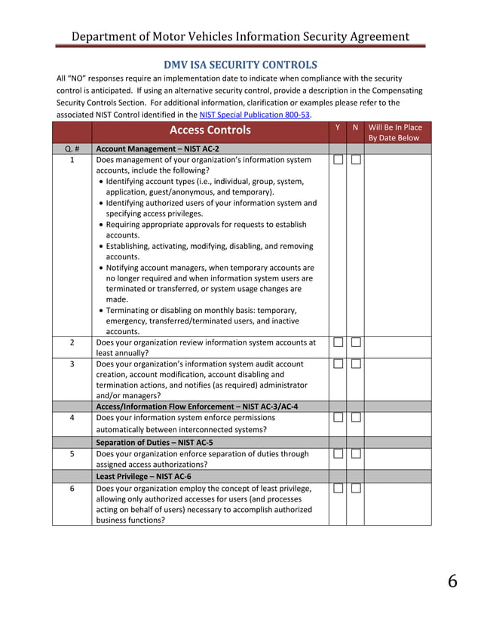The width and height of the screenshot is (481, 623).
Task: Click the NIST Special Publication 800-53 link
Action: (255, 115)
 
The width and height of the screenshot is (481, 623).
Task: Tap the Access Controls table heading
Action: (210, 131)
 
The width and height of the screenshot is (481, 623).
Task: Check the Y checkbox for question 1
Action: (339, 160)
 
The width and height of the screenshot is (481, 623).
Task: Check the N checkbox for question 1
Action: (356, 160)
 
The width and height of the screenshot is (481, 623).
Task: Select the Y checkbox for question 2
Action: (339, 342)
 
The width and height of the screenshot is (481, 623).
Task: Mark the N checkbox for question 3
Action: (356, 364)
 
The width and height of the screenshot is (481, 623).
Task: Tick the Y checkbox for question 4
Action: (339, 418)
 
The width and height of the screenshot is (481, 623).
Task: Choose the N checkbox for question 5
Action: (356, 454)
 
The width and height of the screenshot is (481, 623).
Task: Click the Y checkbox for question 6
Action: (339, 489)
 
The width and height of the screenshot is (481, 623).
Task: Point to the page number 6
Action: (452, 582)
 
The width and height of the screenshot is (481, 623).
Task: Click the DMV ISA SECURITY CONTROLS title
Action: (241, 65)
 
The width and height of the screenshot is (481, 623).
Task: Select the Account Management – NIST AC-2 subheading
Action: (158, 149)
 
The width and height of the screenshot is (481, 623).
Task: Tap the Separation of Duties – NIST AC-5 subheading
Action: (155, 442)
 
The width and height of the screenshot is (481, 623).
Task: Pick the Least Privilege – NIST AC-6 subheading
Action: (143, 477)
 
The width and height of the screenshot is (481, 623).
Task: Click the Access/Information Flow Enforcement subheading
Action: (197, 407)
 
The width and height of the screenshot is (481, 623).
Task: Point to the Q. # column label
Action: (72, 149)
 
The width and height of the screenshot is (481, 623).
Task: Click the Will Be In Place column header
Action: (394, 132)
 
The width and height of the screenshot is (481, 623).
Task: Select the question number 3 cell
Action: (72, 364)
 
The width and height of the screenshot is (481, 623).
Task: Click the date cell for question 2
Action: (394, 347)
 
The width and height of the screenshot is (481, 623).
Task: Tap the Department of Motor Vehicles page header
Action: (240, 36)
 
